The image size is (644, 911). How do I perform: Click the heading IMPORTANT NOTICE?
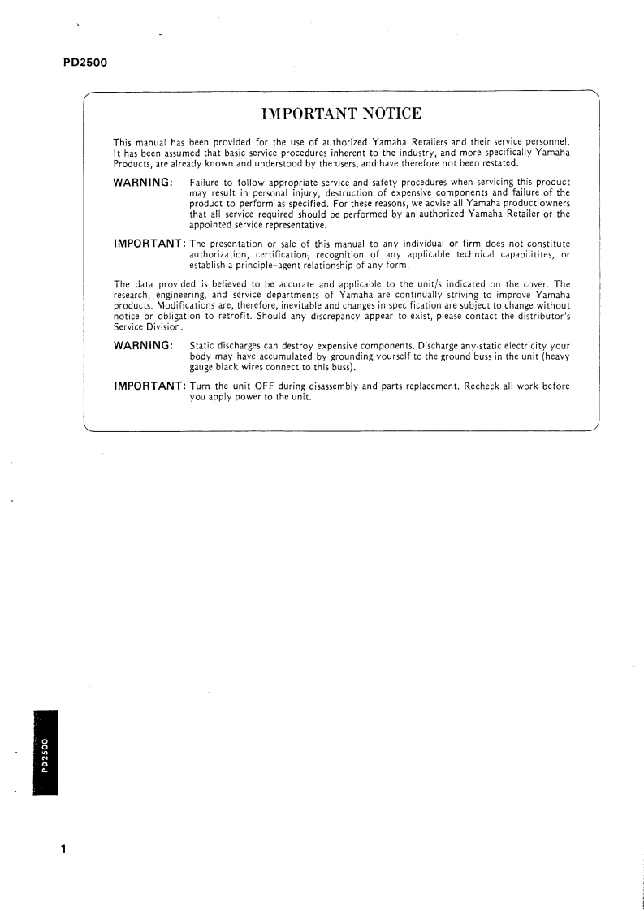340,113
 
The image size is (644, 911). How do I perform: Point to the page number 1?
63,850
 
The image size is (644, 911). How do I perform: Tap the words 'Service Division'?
148,327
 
